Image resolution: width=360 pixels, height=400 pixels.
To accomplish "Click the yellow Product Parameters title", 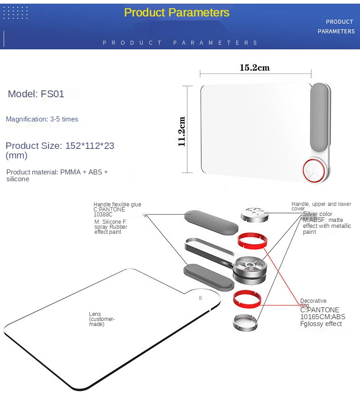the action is [x=177, y=12].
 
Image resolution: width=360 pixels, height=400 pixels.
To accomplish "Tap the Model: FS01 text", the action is [x=36, y=94].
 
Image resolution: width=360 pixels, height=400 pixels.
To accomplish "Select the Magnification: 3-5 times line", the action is [x=42, y=119].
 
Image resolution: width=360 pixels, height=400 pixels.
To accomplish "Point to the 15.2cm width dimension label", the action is [x=255, y=68].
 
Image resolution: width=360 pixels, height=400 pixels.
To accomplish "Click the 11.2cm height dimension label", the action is [x=182, y=132].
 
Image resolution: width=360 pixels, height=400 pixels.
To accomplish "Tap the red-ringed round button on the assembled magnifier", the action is [x=313, y=171].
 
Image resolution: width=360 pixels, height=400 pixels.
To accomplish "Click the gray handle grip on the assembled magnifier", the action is [x=318, y=119].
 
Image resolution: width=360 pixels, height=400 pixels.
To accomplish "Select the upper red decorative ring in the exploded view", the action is [x=252, y=240].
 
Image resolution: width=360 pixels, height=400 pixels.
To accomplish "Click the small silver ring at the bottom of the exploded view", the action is [x=245, y=323].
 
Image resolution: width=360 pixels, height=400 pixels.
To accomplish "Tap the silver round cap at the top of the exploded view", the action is [x=255, y=215].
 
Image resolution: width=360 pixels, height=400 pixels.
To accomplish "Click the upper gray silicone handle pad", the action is [x=211, y=222].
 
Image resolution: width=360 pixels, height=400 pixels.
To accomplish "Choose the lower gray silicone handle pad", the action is [x=209, y=277].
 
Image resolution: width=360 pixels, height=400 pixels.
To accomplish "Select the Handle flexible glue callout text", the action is [x=117, y=204].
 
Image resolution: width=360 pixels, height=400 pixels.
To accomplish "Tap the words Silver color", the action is [x=318, y=214].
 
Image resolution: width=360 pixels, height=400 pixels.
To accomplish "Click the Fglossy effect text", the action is [x=321, y=324].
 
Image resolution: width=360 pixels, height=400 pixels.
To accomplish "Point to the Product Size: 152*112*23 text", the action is [x=60, y=146].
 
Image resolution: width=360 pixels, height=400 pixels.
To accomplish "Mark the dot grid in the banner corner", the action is [x=16, y=13].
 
